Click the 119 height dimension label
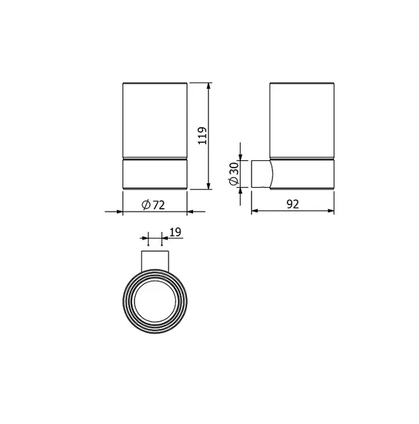202,136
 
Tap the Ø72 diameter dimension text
153,205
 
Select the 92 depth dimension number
293,205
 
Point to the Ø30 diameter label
234,174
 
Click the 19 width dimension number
176,232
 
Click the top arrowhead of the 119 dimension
208,86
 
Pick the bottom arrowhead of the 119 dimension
208,186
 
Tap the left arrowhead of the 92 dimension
256,211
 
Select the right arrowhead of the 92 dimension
330,211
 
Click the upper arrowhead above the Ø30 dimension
241,157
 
